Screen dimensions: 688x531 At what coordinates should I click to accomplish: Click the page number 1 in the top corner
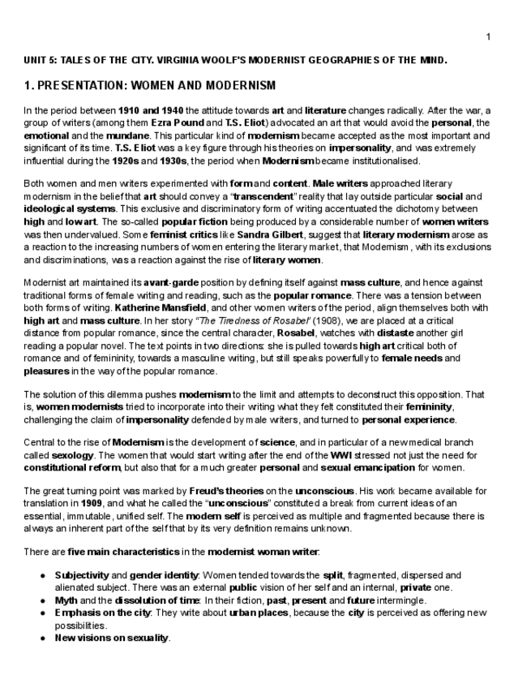coord(488,37)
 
